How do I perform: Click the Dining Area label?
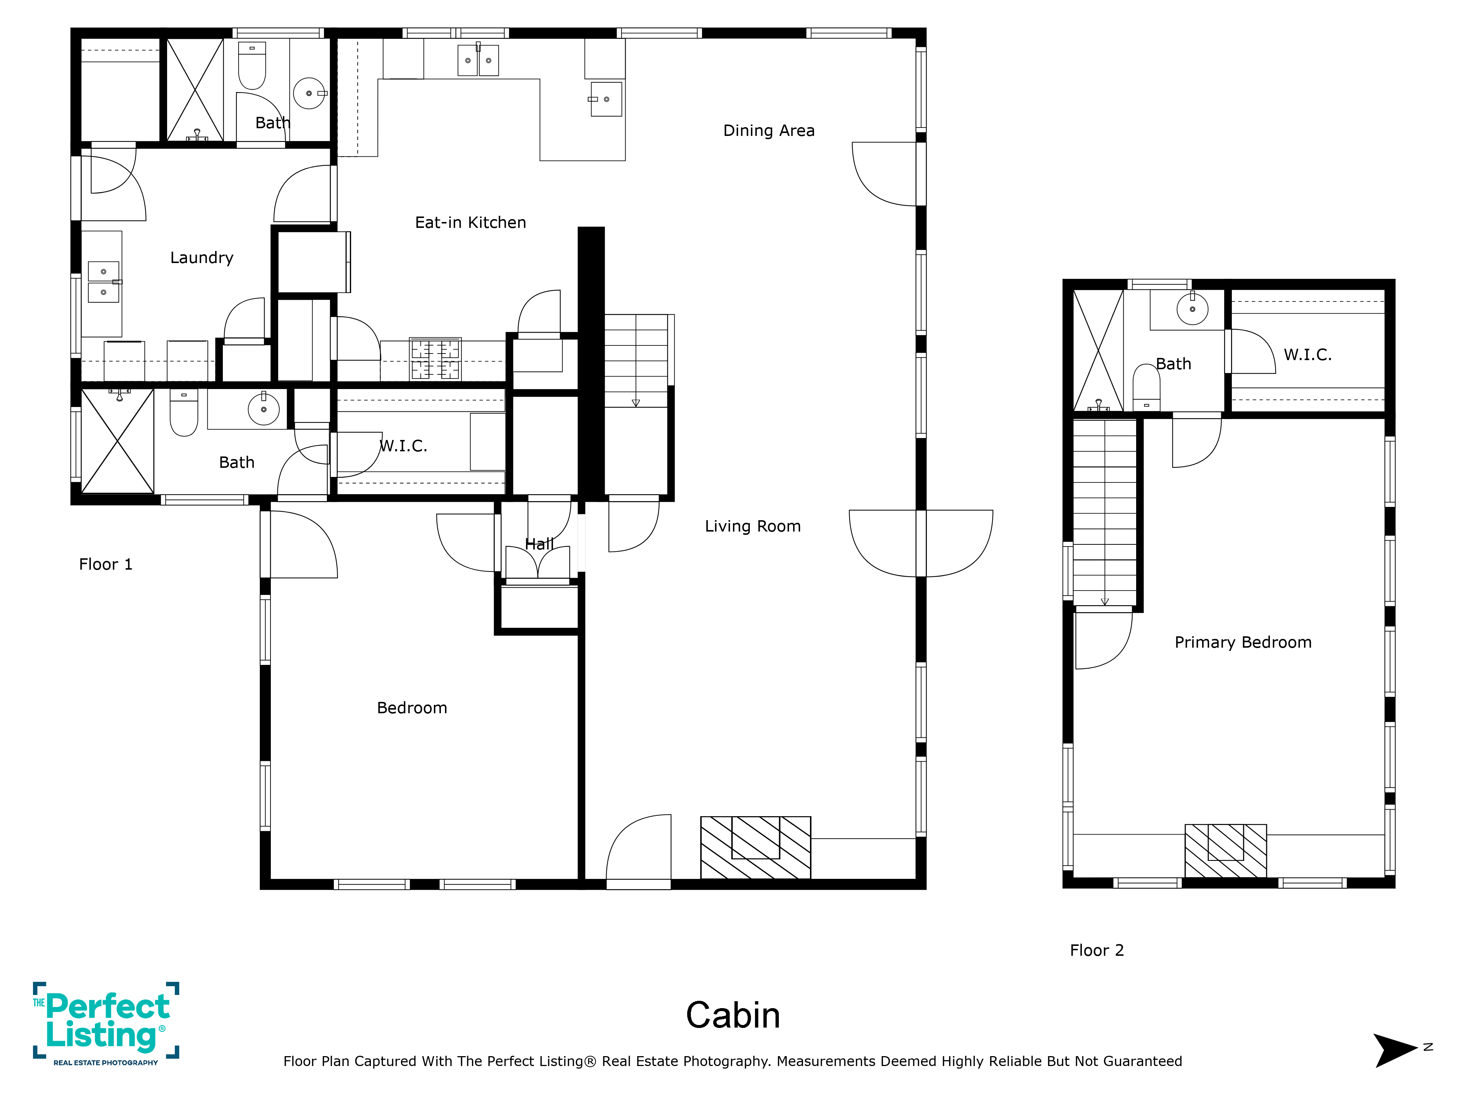(769, 130)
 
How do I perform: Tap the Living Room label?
(753, 526)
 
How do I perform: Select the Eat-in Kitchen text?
(471, 223)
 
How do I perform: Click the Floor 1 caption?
(106, 565)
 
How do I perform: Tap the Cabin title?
(733, 1015)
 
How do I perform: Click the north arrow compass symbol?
(1397, 1050)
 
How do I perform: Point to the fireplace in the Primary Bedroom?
(1226, 851)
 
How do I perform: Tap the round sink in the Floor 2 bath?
(1192, 309)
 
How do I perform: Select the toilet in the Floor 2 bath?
(1146, 388)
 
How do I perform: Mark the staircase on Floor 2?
(1105, 513)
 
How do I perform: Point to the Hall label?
(539, 544)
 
